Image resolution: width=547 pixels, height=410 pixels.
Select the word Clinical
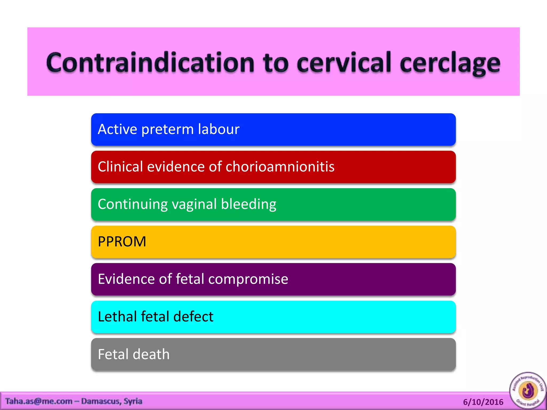(120, 167)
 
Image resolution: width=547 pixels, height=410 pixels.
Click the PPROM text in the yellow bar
(122, 242)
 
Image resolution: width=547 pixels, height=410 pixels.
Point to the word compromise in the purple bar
(248, 279)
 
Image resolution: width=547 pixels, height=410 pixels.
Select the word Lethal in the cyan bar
(117, 317)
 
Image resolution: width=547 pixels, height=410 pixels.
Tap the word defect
(193, 317)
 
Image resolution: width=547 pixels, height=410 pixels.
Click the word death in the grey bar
(151, 354)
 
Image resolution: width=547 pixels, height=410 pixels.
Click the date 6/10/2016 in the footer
(483, 402)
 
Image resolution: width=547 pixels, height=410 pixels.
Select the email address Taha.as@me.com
(39, 401)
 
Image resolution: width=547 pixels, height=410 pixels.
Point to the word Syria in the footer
(133, 401)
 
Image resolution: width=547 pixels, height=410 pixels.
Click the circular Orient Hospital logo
(528, 390)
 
